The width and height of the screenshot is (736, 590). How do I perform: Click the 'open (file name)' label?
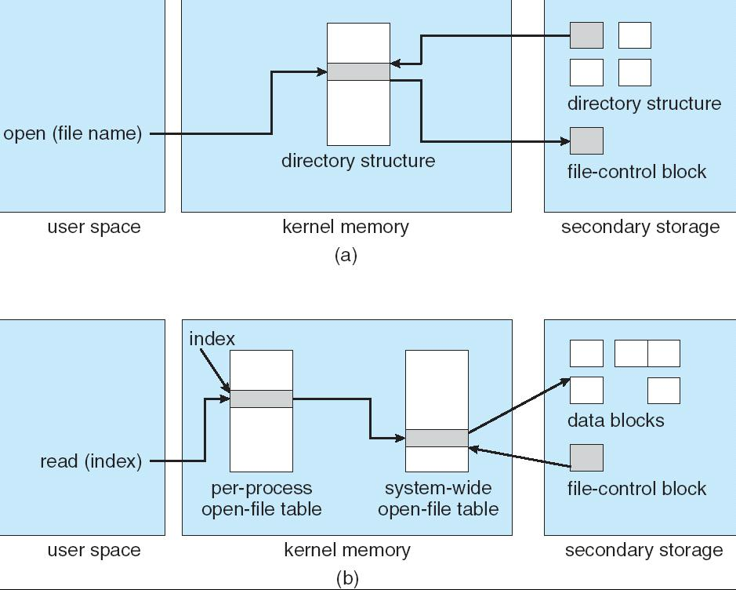72,133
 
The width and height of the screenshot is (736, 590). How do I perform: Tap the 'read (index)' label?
91,461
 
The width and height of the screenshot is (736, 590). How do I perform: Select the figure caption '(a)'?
346,255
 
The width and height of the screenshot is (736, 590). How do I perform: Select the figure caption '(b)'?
347,578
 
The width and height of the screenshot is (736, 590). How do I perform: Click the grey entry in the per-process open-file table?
261,399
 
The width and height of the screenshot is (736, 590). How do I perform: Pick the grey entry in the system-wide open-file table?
437,438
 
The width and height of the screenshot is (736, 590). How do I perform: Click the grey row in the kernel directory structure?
358,71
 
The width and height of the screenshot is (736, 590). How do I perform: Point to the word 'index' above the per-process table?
212,339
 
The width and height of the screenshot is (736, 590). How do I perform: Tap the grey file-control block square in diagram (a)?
586,140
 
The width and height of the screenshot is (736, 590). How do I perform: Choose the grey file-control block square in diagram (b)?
586,457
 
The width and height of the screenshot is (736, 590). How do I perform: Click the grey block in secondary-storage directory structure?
586,35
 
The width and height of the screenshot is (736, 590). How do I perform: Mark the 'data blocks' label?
615,421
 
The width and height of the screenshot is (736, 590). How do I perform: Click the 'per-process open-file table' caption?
261,499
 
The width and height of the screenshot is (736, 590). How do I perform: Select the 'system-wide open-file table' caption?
437,499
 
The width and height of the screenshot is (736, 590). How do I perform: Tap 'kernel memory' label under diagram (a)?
345,228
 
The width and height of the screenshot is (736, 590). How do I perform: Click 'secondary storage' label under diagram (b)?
644,551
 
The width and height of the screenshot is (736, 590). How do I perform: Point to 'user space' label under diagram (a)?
94,228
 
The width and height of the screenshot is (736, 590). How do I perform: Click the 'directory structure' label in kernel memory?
358,161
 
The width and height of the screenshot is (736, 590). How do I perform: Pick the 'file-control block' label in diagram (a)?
636,172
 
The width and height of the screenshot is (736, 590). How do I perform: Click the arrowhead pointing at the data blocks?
567,381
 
